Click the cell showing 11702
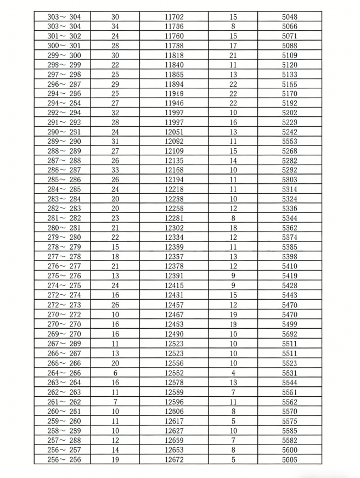point(174,17)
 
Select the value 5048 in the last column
point(289,17)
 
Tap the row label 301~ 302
point(64,36)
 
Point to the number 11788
point(174,46)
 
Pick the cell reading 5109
point(289,55)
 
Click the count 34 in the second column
point(115,26)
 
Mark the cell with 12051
point(174,132)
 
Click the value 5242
point(289,132)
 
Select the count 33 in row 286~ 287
point(115,170)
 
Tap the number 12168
point(174,170)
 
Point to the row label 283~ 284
point(64,199)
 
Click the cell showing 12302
point(174,227)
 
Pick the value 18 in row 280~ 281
point(233,227)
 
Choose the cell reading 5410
point(289,266)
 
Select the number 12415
point(174,285)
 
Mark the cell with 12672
point(174,459)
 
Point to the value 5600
point(289,449)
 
